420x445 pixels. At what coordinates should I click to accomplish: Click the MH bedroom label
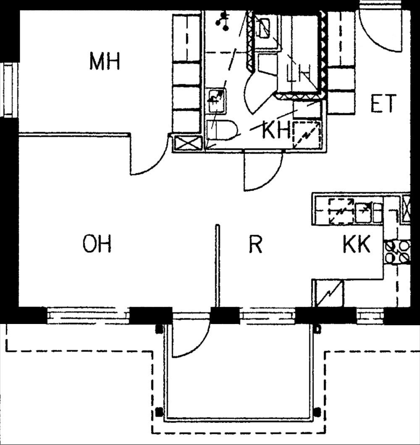(105, 61)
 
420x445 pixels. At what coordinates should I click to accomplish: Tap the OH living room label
(97, 243)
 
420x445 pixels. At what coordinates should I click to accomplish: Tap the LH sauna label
(298, 74)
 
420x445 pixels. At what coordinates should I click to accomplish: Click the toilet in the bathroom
(222, 130)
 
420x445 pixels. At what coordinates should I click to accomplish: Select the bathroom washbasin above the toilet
(217, 101)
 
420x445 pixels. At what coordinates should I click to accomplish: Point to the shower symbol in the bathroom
(222, 21)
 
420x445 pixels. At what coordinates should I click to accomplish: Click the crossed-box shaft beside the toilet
(188, 144)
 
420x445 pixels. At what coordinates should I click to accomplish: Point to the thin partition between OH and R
(218, 266)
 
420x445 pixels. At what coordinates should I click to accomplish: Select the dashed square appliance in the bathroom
(307, 135)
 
